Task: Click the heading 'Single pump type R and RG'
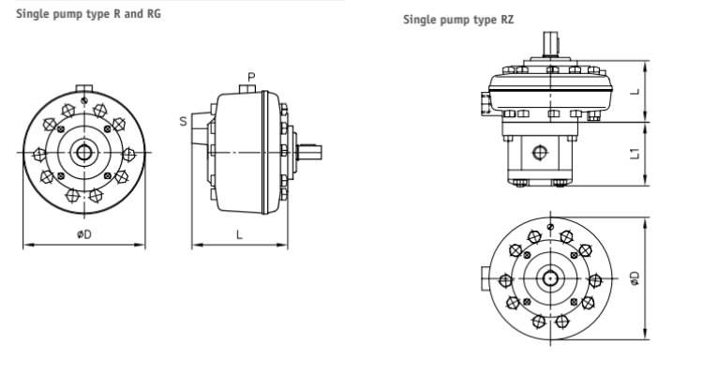coord(82,14)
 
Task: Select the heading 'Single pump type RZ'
coord(458,19)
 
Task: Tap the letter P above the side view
coord(251,76)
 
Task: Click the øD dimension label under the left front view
coord(83,234)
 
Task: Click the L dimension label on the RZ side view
coord(635,92)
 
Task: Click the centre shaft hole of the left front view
coord(84,153)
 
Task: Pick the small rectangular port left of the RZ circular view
coord(485,279)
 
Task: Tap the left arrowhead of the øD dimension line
coord(26,246)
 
